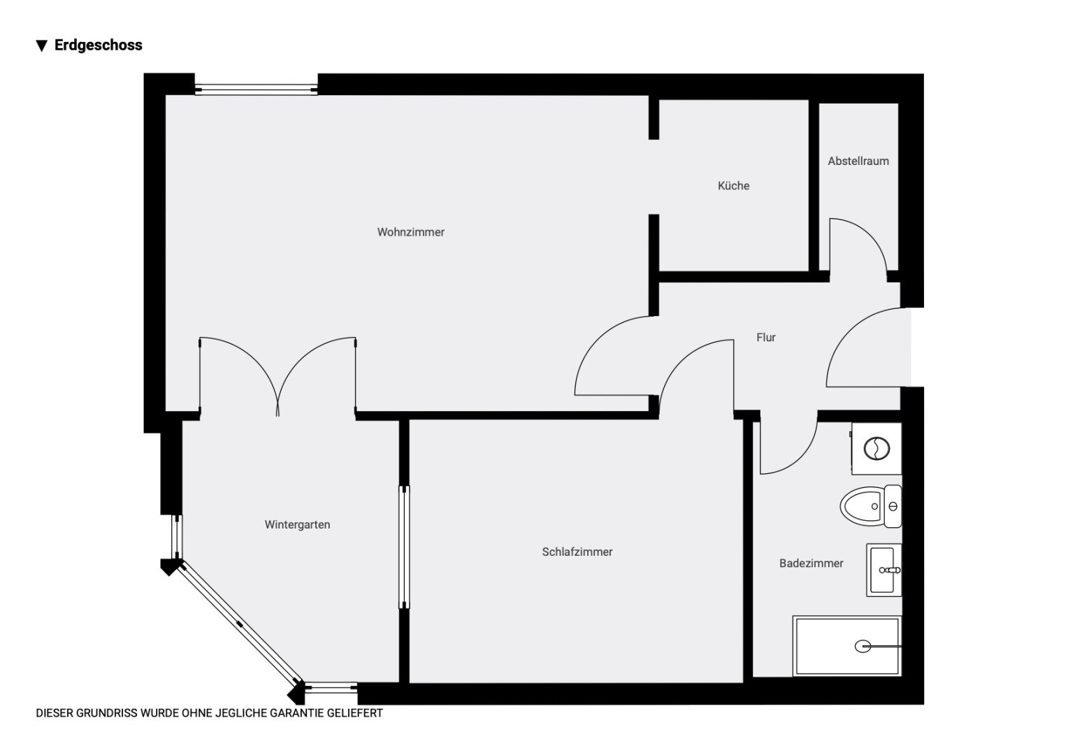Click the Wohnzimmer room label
pyautogui.click(x=410, y=232)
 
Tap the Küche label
pyautogui.click(x=733, y=185)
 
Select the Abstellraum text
pyautogui.click(x=858, y=161)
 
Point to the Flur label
pyautogui.click(x=766, y=338)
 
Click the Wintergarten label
pyautogui.click(x=297, y=524)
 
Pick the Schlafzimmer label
pyautogui.click(x=577, y=552)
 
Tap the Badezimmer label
pyautogui.click(x=811, y=563)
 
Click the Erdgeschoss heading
pyautogui.click(x=99, y=45)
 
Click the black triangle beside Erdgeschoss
pyautogui.click(x=41, y=45)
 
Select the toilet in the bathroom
pyautogui.click(x=871, y=507)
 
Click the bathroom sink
pyautogui.click(x=883, y=570)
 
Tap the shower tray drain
pyautogui.click(x=863, y=646)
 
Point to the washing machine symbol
pyautogui.click(x=876, y=449)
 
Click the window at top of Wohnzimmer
pyautogui.click(x=256, y=89)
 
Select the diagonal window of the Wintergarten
pyautogui.click(x=240, y=624)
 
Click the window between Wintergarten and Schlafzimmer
pyautogui.click(x=404, y=547)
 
